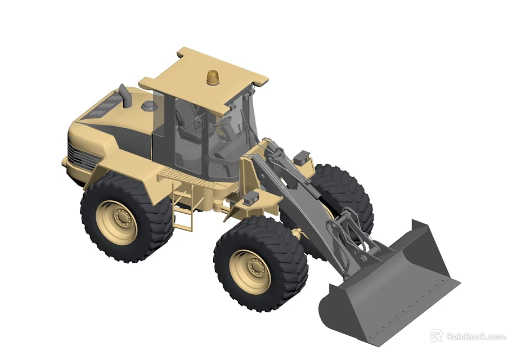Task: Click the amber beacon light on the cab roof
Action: coord(213,78)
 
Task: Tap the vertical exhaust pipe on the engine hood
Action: coord(125,96)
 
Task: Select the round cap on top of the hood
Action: coord(148,106)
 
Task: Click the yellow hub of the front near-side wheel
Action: coord(250,272)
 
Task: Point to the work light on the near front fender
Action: coord(251,197)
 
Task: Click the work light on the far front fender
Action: coord(302,156)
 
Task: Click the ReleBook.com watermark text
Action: coord(475,336)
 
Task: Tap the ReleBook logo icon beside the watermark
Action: coord(437,336)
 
